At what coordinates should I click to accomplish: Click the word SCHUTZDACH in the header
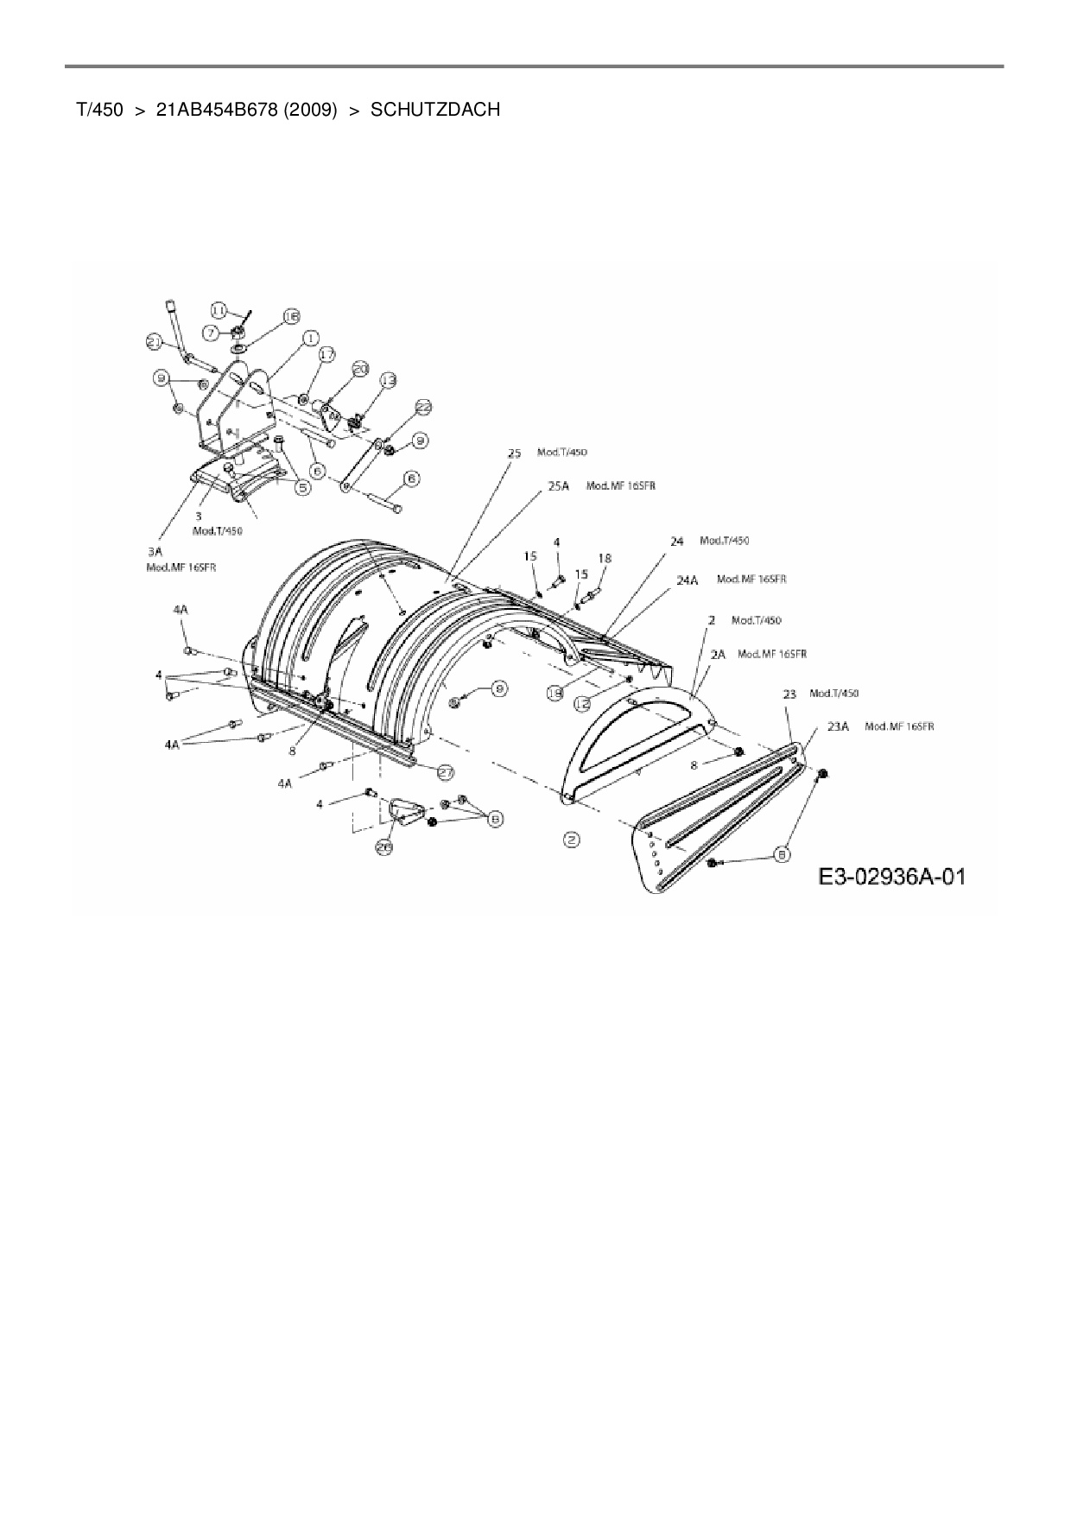click(435, 110)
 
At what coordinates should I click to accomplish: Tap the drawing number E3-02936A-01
click(892, 878)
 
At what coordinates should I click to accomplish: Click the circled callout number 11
click(219, 310)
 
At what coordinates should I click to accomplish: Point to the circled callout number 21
click(155, 343)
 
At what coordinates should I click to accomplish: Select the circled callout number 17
click(326, 354)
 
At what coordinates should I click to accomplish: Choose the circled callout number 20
click(360, 370)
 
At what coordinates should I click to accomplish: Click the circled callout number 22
click(423, 407)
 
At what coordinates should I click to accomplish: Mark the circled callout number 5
click(303, 488)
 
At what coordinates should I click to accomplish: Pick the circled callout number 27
click(446, 771)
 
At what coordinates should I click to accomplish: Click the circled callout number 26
click(384, 848)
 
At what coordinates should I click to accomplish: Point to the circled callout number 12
click(583, 704)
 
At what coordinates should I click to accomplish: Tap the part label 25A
click(559, 486)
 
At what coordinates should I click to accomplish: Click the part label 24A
click(687, 580)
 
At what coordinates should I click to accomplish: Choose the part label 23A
click(838, 726)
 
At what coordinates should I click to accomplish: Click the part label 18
click(605, 559)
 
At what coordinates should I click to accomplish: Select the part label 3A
click(156, 549)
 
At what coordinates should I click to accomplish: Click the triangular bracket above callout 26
click(402, 812)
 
